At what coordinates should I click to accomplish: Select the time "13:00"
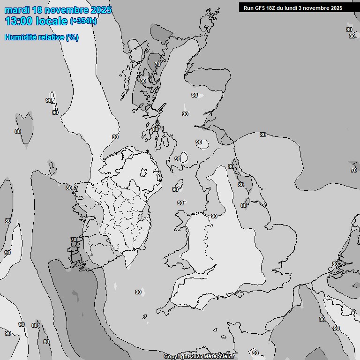pyautogui.click(x=19, y=21)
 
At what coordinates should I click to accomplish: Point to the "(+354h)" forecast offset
pyautogui.click(x=83, y=21)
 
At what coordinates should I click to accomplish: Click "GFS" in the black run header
pyautogui.click(x=261, y=8)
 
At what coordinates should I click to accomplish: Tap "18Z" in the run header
pyautogui.click(x=274, y=8)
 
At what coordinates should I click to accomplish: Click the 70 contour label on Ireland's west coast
pyautogui.click(x=73, y=240)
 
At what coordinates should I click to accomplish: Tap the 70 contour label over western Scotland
pyautogui.click(x=157, y=64)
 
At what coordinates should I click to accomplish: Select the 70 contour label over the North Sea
pyautogui.click(x=354, y=170)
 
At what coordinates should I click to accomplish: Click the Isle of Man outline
pyautogui.click(x=179, y=183)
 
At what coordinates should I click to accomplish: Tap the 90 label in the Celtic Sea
pyautogui.click(x=138, y=292)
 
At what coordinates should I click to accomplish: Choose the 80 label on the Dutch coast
pyautogui.click(x=335, y=264)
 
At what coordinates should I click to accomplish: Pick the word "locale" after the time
pyautogui.click(x=52, y=21)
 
